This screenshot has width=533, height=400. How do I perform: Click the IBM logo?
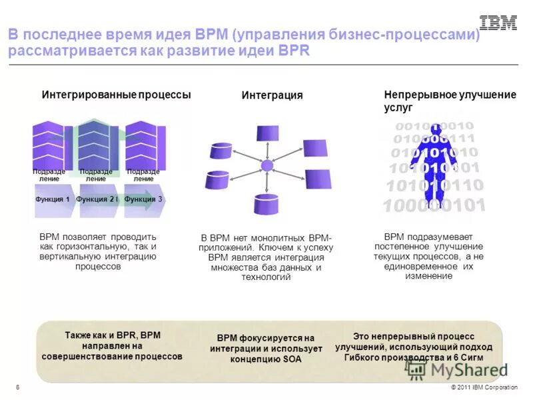point(498,23)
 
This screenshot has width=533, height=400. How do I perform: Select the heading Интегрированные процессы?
point(116,95)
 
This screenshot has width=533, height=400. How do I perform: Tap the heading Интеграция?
point(272,95)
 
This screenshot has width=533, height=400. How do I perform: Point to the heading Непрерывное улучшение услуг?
point(450,101)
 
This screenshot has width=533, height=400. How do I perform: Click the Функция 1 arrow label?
point(53,199)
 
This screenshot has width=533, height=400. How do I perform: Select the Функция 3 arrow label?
point(143,199)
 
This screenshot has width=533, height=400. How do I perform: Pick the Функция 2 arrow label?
point(97,199)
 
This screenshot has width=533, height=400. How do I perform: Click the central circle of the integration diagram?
point(267,165)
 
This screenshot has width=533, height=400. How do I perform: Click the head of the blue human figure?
point(434,126)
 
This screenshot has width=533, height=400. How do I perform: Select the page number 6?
point(17,388)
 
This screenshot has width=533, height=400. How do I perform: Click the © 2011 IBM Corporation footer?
point(484,388)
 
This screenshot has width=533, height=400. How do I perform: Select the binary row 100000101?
point(434,205)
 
